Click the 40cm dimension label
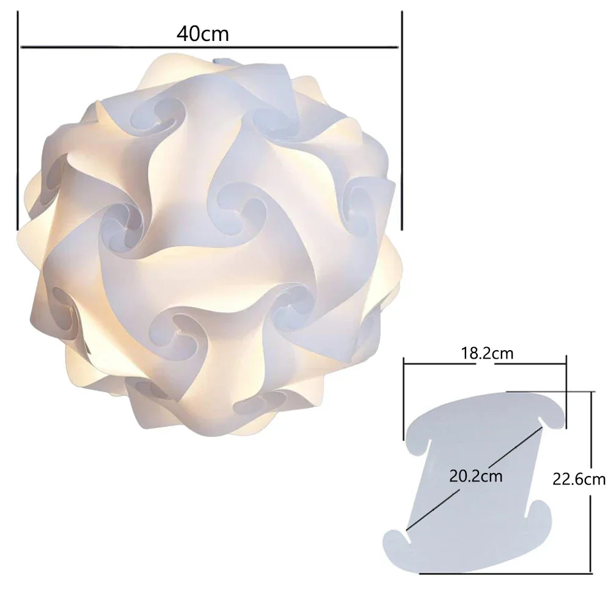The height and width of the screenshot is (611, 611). [203, 34]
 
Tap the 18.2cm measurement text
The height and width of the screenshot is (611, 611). [486, 353]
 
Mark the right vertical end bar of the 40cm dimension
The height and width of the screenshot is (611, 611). [401, 122]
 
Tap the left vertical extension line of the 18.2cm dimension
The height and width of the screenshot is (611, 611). [404, 397]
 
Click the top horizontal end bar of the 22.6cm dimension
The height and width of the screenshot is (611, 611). [550, 392]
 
